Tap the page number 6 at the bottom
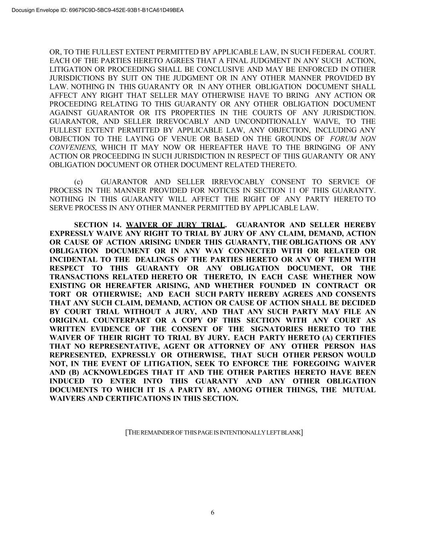click(x=212, y=513)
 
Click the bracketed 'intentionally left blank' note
click(x=214, y=432)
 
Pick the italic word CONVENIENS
click(x=72, y=147)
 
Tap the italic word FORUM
click(x=342, y=139)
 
